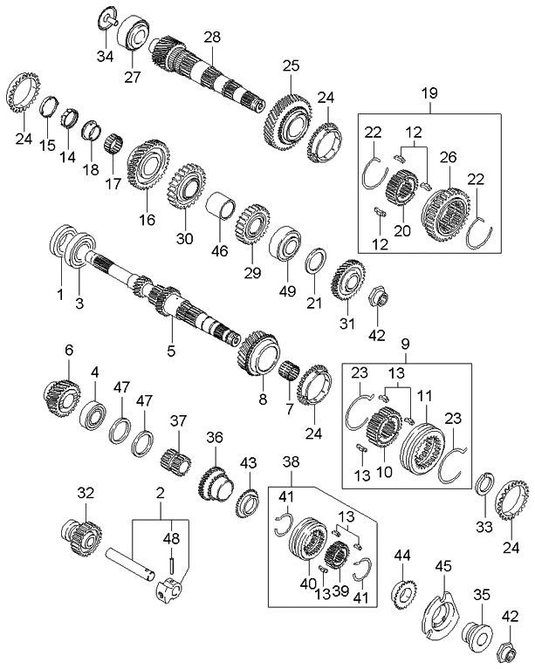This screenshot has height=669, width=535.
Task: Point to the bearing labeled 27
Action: click(x=136, y=33)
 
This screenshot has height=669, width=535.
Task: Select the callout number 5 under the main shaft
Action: click(x=171, y=352)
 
